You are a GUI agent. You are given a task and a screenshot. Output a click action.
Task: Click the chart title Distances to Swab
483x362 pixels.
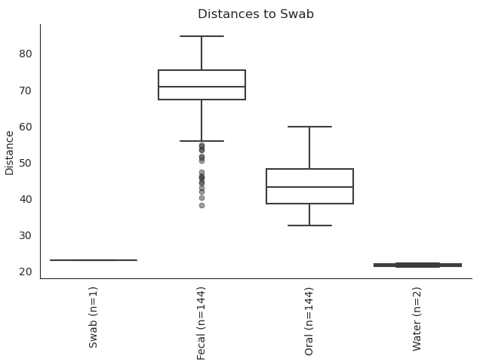[x=255, y=14]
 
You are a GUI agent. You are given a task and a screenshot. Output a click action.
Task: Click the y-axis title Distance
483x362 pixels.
[x=10, y=152]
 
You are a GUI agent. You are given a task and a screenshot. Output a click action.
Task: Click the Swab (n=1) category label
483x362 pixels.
[x=94, y=317]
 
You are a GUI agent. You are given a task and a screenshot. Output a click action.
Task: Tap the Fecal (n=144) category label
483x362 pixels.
[x=202, y=323]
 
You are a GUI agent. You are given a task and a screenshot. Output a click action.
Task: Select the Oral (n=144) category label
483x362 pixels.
[x=309, y=321]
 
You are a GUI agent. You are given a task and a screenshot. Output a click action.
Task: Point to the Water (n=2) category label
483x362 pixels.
[x=417, y=318]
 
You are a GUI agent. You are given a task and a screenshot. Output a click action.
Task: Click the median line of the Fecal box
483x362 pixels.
[x=202, y=87]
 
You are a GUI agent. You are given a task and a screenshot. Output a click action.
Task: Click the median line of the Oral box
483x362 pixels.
[x=309, y=187]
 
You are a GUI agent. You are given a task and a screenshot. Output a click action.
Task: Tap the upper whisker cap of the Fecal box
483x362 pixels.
[x=202, y=36]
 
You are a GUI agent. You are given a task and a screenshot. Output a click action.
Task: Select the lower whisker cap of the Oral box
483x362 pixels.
[x=309, y=225]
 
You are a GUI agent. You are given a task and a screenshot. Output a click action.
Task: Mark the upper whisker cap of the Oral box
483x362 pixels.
[x=309, y=127]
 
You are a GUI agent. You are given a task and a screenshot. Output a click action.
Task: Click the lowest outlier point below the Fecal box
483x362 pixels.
[x=202, y=205]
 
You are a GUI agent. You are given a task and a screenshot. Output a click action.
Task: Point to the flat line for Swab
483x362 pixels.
[x=94, y=260]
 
